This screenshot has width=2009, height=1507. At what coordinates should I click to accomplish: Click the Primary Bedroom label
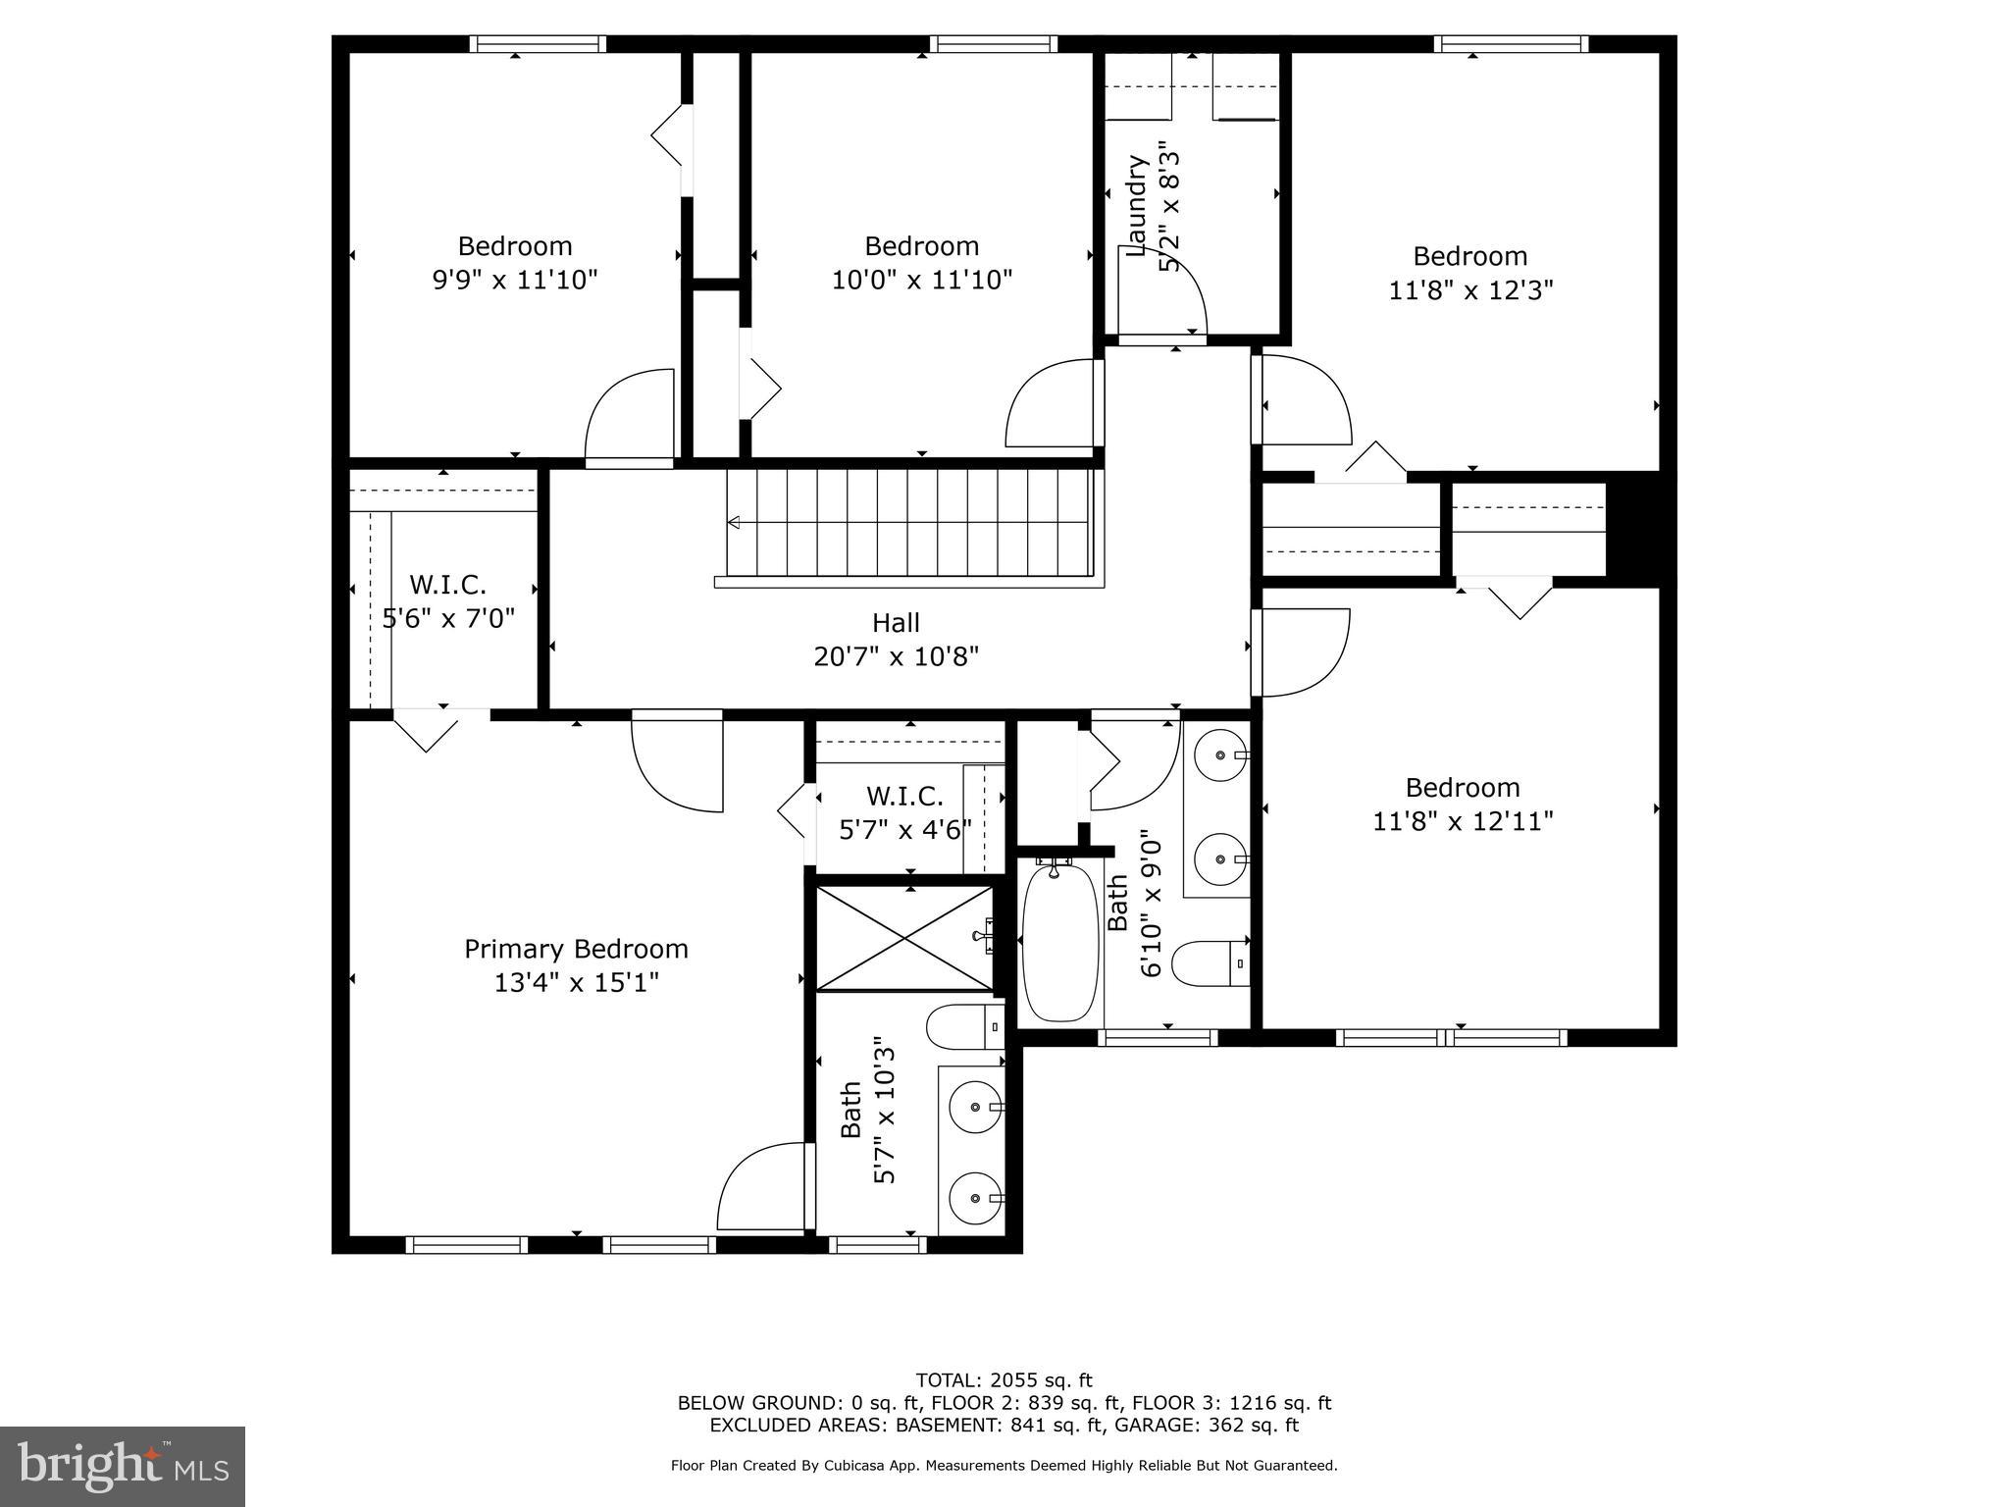[576, 949]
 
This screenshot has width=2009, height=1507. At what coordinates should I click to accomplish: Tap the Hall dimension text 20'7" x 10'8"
[896, 656]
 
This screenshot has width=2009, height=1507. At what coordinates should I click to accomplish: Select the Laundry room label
[1137, 206]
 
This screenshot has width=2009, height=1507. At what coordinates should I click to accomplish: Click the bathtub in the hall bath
[1059, 942]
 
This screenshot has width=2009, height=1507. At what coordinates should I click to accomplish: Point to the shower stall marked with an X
[903, 938]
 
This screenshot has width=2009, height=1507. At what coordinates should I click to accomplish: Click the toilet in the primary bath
[962, 1026]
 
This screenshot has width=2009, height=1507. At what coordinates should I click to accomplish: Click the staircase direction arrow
[734, 523]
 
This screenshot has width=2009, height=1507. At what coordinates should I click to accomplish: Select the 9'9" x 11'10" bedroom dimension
[515, 281]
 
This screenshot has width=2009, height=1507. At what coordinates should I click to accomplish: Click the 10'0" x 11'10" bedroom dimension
[921, 281]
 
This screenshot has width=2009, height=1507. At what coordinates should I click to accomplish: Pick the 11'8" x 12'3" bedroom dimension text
[1470, 290]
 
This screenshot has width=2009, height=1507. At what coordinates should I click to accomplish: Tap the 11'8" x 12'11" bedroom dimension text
[1462, 820]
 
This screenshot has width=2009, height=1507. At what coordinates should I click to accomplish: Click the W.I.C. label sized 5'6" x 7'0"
[447, 585]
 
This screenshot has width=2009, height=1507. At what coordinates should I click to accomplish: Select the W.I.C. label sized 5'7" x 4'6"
[904, 796]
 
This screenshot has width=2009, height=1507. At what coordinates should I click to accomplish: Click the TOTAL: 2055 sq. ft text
[1004, 1380]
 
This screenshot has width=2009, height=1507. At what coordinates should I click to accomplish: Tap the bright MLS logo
[123, 1466]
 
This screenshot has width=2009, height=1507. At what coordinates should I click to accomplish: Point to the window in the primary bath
[877, 1245]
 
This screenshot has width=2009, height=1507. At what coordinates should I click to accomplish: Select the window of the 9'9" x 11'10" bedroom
[537, 43]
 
